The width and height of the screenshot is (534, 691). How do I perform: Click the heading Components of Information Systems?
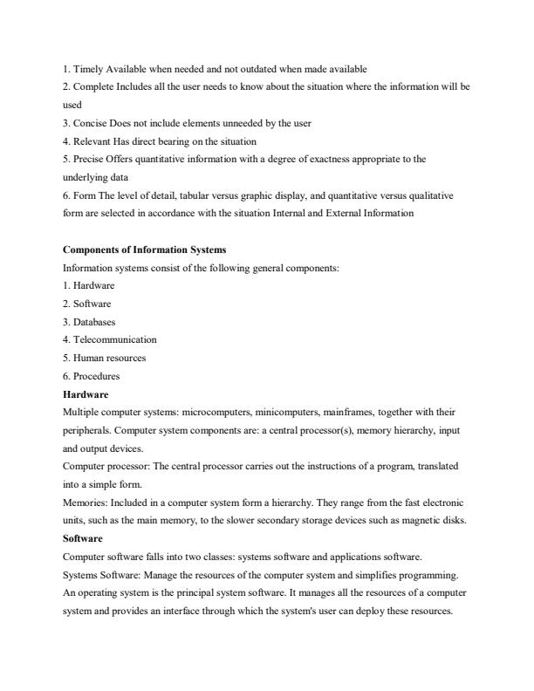144,250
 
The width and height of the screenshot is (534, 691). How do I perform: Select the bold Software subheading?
83,538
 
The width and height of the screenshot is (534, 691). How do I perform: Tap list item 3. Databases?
89,322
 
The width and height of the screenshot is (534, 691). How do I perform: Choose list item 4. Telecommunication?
110,339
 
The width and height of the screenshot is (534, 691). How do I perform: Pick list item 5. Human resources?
105,358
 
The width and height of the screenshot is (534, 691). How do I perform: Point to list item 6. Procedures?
92,376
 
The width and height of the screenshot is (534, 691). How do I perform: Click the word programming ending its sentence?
430,575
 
